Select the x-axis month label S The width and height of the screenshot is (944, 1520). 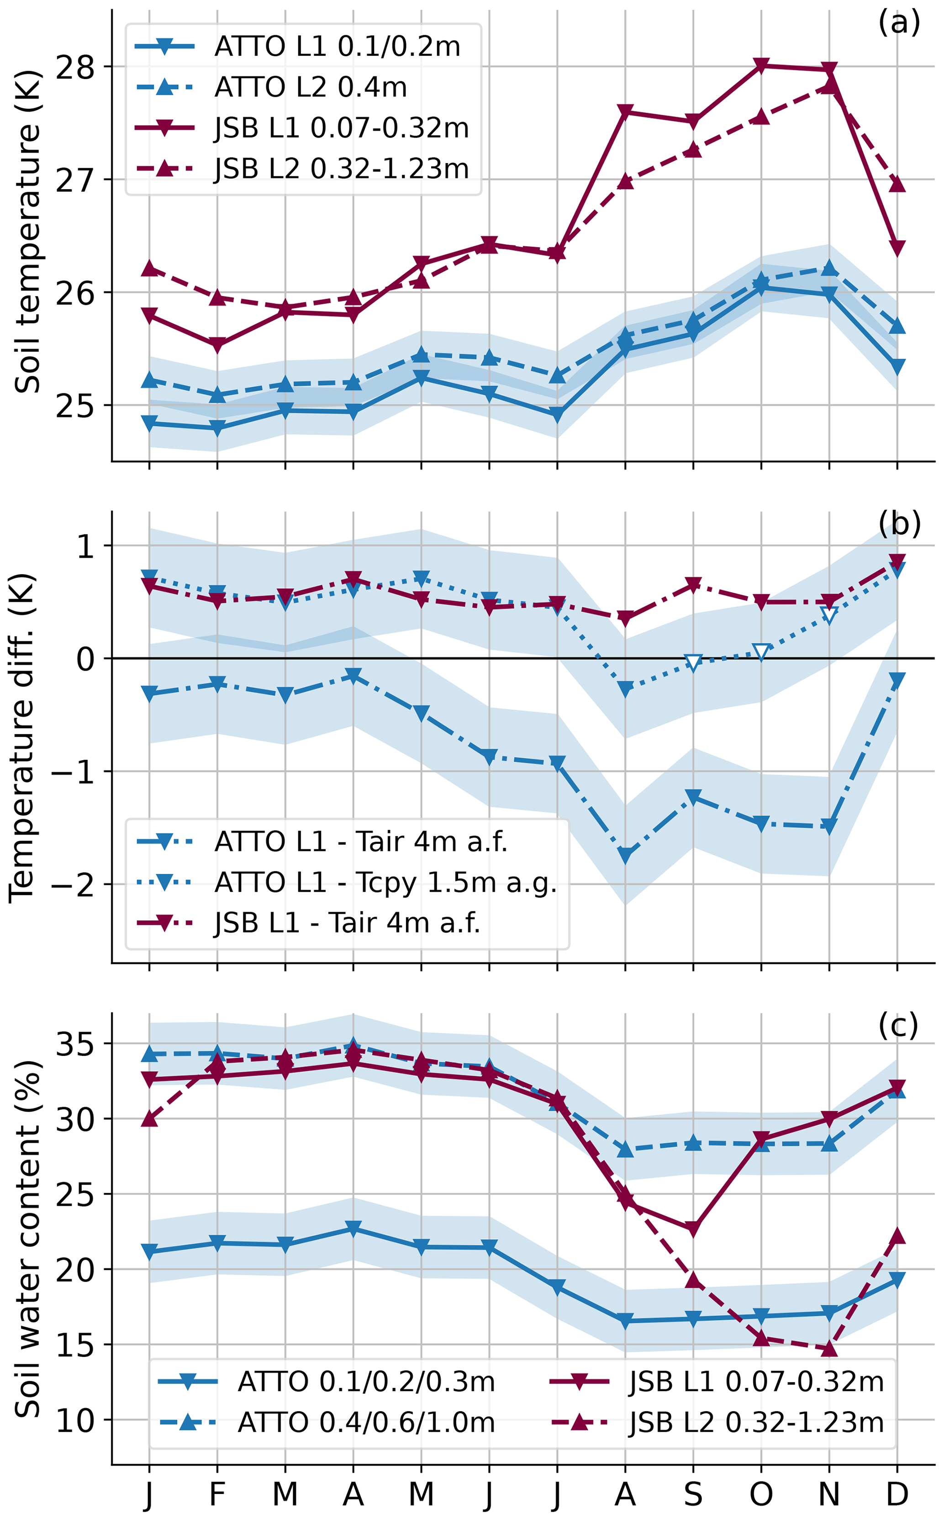tap(693, 1494)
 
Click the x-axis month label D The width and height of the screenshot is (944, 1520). tap(897, 1494)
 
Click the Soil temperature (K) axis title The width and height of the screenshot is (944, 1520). tap(27, 231)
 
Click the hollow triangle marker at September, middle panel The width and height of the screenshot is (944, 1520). tap(693, 662)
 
